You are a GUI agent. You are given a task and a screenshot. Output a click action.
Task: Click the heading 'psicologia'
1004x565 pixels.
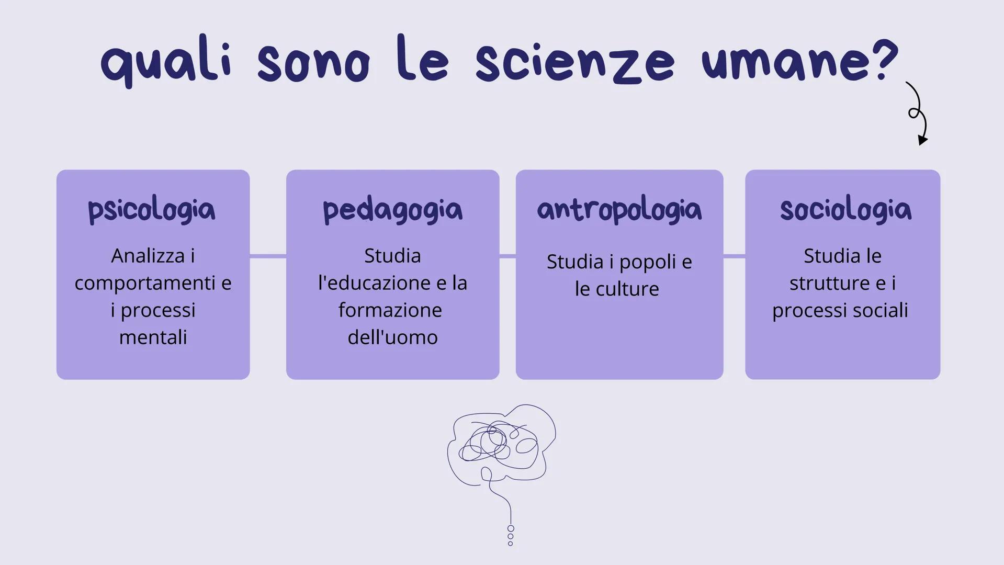click(x=152, y=210)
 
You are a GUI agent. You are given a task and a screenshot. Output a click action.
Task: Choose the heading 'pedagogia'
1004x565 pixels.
click(x=392, y=210)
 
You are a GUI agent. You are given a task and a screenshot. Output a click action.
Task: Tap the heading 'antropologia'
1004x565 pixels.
click(x=619, y=210)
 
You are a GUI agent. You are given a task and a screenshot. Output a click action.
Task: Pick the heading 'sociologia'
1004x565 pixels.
click(x=845, y=210)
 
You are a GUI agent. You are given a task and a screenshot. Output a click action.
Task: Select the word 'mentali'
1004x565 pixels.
click(x=153, y=337)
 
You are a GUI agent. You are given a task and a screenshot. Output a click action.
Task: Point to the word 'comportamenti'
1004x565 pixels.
click(x=145, y=283)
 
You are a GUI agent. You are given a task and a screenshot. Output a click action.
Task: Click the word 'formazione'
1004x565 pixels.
click(x=390, y=310)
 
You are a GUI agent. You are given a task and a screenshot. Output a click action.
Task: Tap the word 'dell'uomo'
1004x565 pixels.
click(x=392, y=337)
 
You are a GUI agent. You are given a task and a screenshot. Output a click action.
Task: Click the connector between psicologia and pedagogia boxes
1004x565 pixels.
click(x=268, y=256)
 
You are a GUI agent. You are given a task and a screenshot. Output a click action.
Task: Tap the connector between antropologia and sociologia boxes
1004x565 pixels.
click(x=734, y=256)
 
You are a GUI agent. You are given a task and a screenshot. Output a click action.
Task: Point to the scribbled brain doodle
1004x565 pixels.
click(x=501, y=445)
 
